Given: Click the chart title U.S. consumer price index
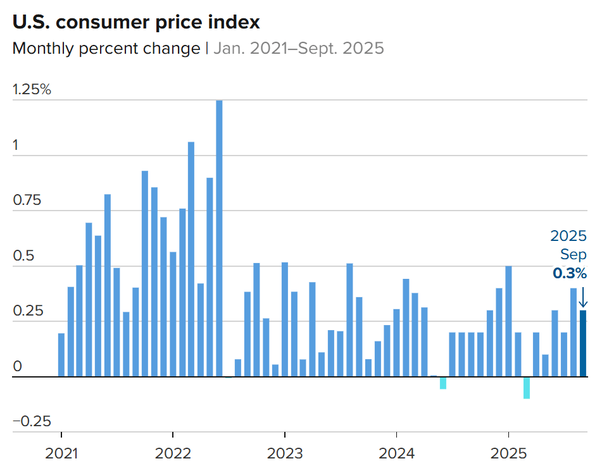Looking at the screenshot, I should pos(136,23).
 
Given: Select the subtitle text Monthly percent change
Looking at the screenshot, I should pos(106,49).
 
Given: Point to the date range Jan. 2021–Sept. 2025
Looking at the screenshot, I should pos(298,49).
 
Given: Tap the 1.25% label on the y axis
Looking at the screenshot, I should pos(32,90).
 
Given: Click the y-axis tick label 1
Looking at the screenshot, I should pos(16,145).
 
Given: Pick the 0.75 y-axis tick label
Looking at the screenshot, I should pos(27,200).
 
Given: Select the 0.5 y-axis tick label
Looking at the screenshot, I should pos(22,256).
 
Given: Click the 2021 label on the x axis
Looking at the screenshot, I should pos(61,453).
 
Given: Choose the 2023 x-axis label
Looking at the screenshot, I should pos(285,453).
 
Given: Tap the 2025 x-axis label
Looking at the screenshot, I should pos(508,453).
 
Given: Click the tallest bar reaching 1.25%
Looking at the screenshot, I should pos(219,238).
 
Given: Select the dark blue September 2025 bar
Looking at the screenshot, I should pos(583,343).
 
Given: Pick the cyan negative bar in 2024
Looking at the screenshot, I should pos(443,383).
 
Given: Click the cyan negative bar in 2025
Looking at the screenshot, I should pos(527,388).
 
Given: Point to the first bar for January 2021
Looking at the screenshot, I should pos(61,355).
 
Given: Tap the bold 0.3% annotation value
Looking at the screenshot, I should pos(570,274).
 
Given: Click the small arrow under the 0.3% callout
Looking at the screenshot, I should pos(583,296).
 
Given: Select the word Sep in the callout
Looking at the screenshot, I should pos(574,255).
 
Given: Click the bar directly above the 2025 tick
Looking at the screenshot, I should pos(508,321).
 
